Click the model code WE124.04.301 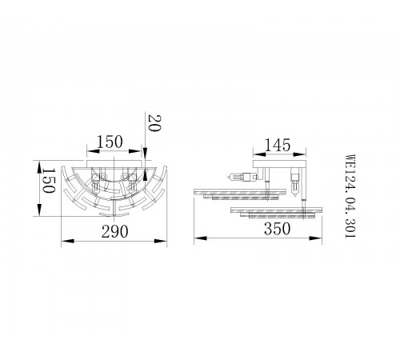pyautogui.click(x=349, y=192)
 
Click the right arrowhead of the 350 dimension pyautogui.click(x=322, y=238)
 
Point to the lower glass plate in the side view pyautogui.click(x=276, y=213)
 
